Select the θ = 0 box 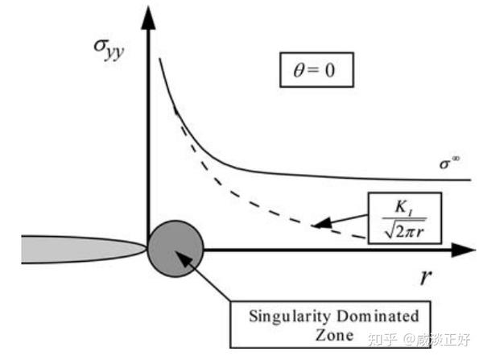[316, 71]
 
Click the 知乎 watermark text [386, 339]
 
